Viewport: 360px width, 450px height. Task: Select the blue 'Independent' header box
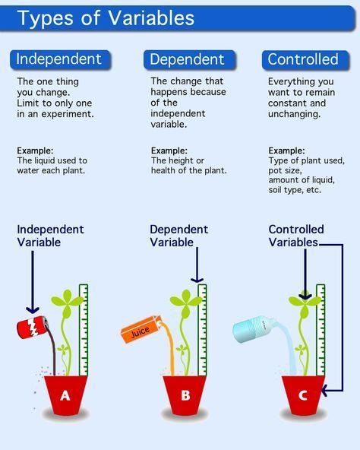click(59, 59)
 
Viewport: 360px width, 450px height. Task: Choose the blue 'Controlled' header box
click(303, 59)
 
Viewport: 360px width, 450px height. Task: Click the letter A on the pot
click(65, 395)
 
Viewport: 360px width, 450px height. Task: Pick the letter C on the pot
click(303, 395)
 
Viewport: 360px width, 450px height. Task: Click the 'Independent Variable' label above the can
click(50, 236)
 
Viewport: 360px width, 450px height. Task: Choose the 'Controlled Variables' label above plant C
click(296, 236)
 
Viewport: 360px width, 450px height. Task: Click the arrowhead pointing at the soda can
click(33, 309)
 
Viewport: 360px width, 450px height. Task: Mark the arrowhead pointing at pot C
click(325, 391)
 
